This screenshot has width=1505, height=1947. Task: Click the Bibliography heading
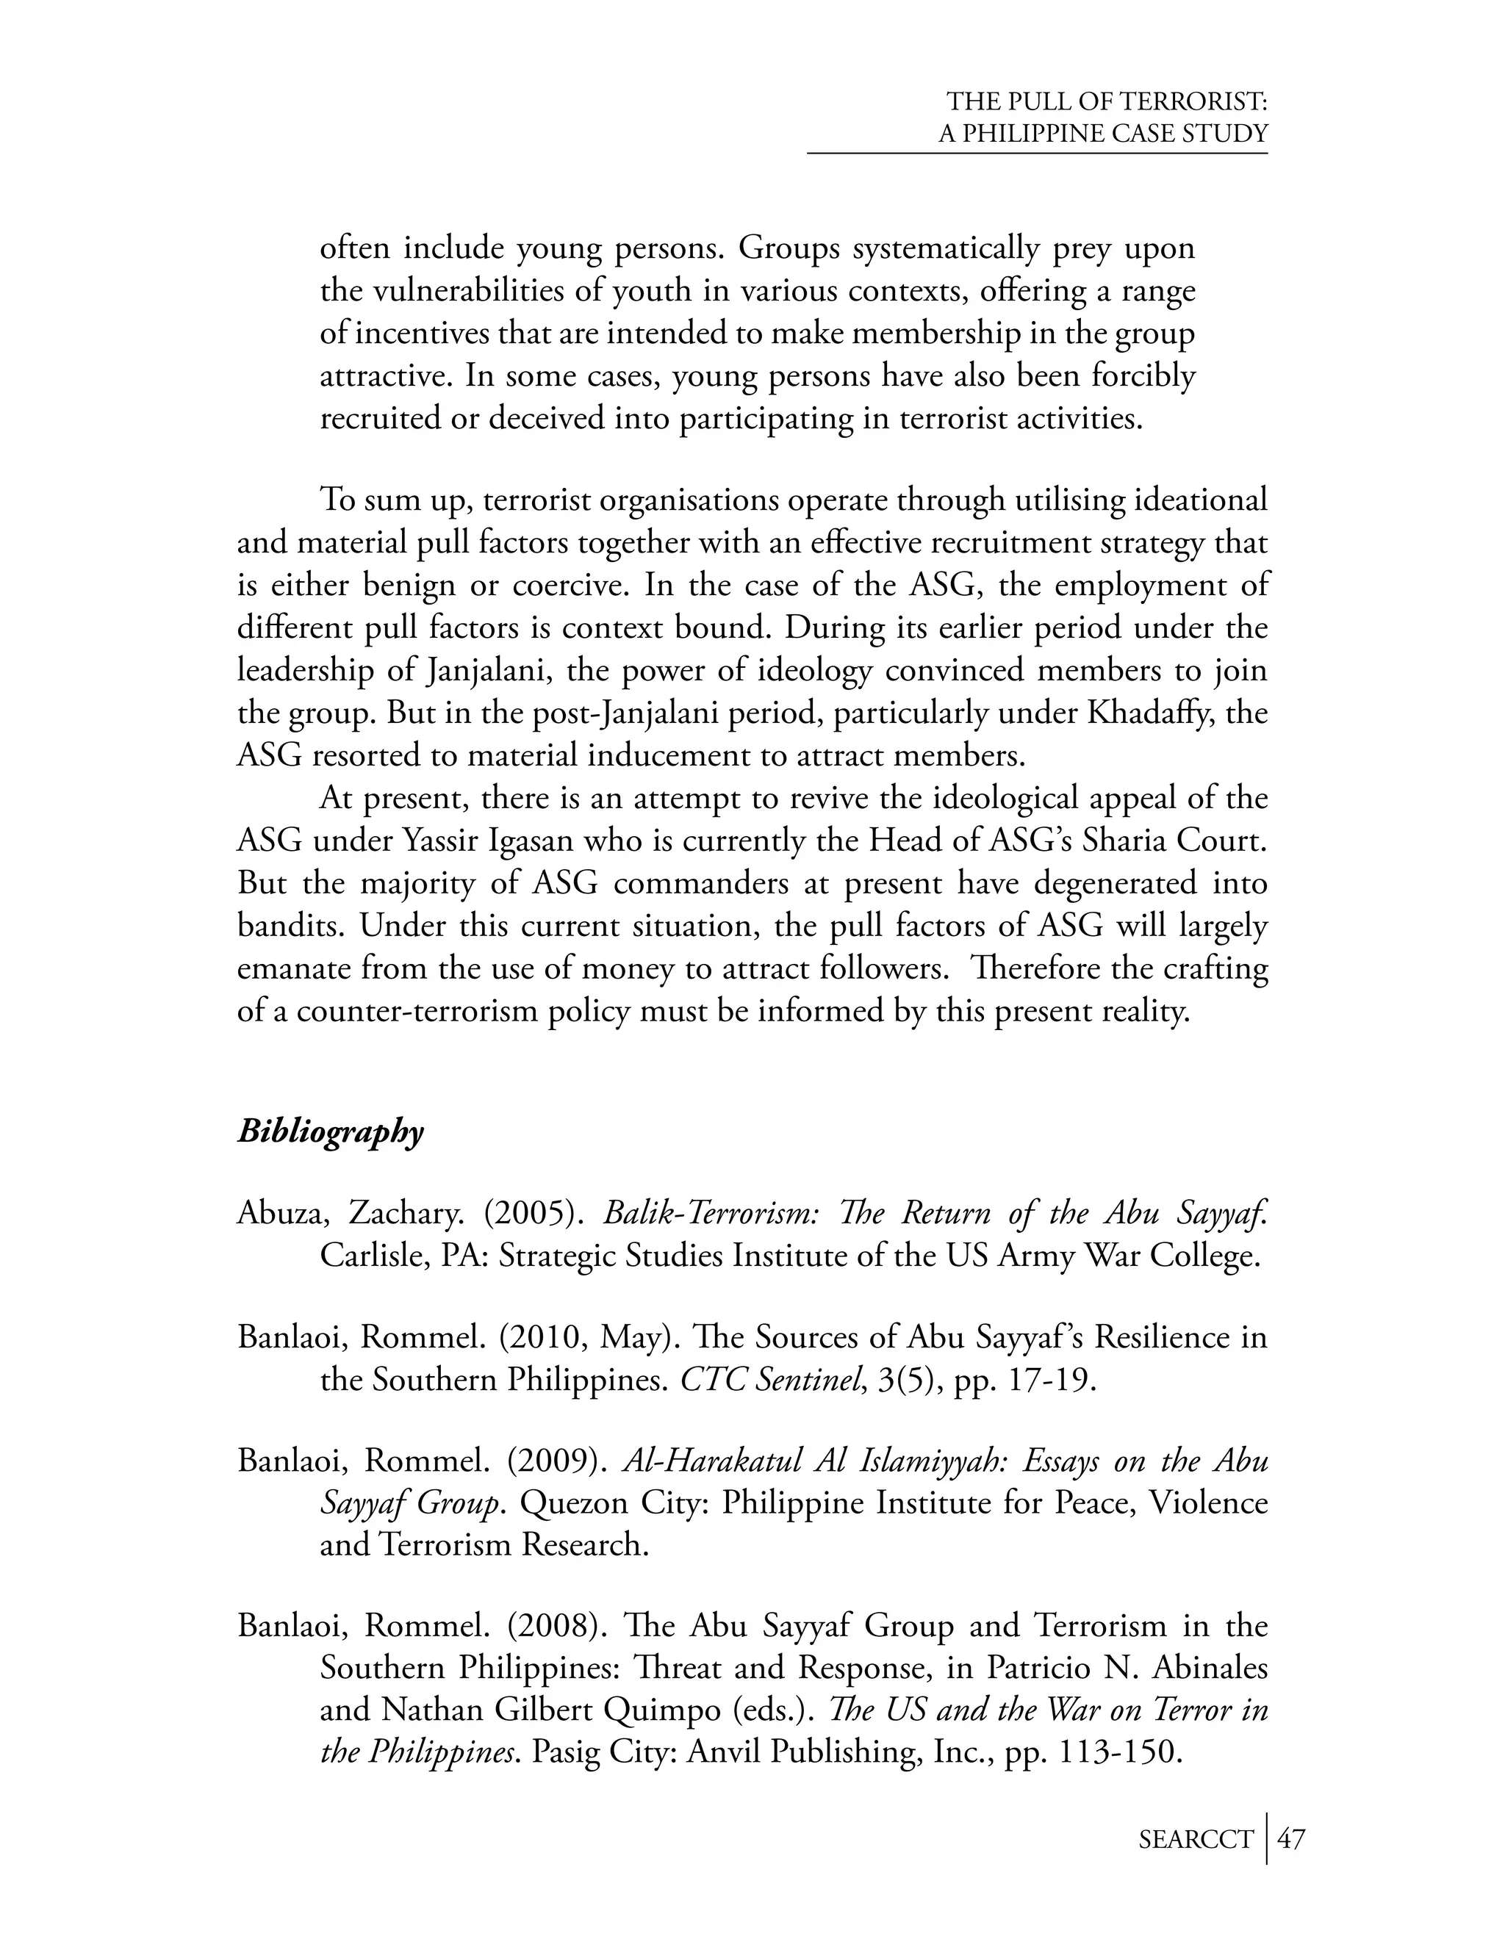click(330, 1132)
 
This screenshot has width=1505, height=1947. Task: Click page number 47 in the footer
click(1291, 1839)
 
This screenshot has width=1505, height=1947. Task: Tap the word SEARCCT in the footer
click(1196, 1840)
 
